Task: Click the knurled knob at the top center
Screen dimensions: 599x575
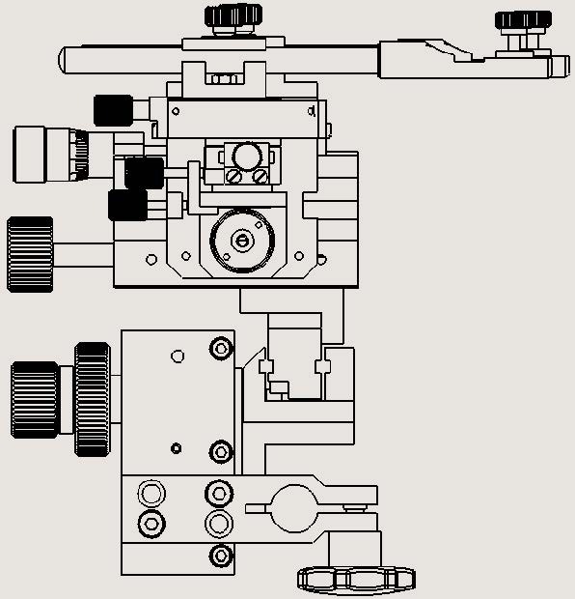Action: (x=233, y=15)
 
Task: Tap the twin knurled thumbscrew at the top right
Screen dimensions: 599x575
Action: (x=522, y=20)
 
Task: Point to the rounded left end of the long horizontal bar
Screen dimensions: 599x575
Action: (x=65, y=59)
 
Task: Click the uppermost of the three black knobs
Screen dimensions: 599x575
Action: (x=112, y=109)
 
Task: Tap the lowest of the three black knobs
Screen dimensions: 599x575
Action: (x=127, y=205)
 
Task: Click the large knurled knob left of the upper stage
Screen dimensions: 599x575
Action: (x=30, y=254)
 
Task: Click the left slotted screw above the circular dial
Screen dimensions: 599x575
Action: (x=234, y=177)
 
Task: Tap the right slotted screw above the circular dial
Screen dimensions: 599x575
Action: (x=260, y=177)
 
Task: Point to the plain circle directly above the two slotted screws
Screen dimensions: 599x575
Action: (x=247, y=156)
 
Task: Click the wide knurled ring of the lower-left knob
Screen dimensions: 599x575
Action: (x=93, y=396)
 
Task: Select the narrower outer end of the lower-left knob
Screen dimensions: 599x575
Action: (x=35, y=398)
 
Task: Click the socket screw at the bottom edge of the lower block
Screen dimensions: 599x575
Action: (x=221, y=556)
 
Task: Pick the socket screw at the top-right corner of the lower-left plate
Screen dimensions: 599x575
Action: (x=221, y=348)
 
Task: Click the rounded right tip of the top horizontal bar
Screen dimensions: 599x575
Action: (x=562, y=66)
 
